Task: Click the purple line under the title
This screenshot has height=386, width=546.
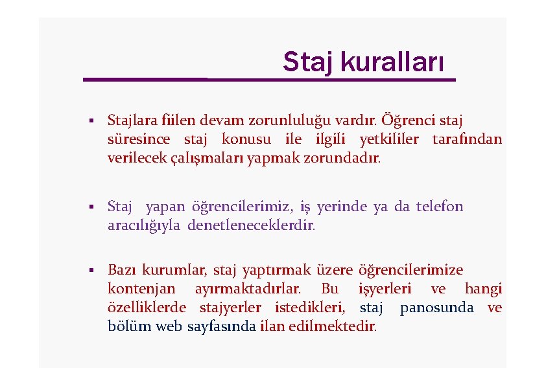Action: coord(269,80)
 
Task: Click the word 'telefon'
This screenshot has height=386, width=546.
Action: coord(440,207)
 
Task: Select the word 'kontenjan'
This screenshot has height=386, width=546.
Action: coord(141,289)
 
